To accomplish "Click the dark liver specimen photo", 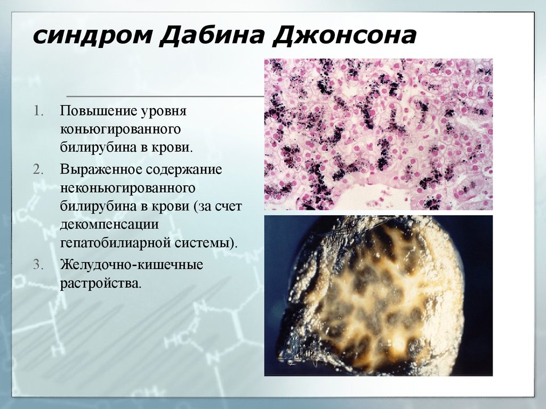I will tap(378, 296).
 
